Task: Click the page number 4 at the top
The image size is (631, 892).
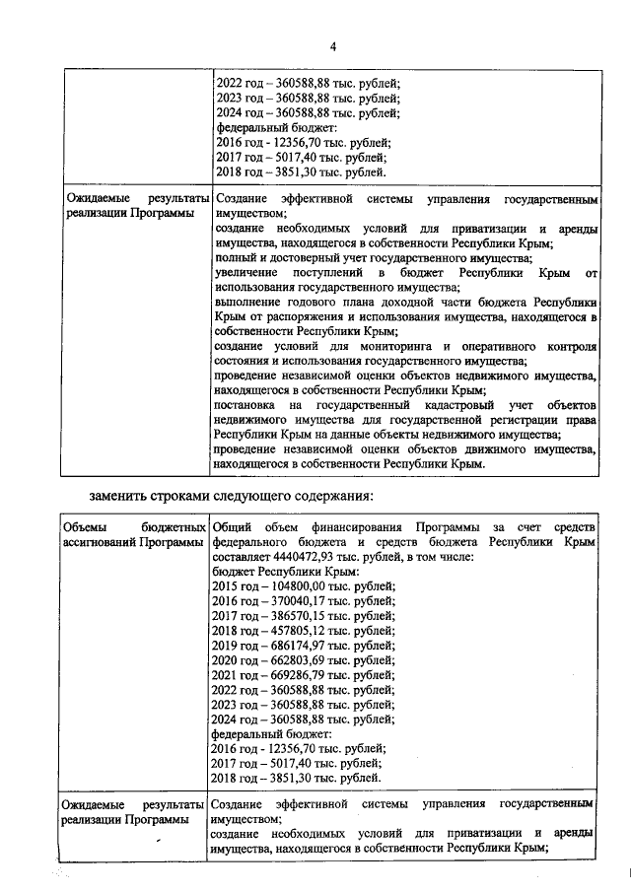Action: click(332, 46)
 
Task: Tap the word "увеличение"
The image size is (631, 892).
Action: click(245, 271)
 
